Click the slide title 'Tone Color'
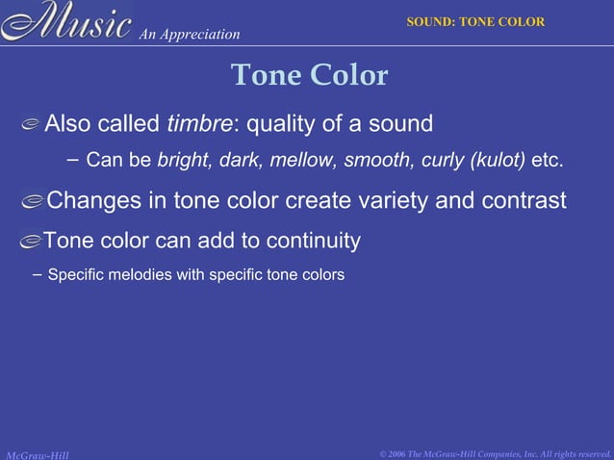coord(309,75)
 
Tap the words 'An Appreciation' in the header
coord(189,35)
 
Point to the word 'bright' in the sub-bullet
coord(183,160)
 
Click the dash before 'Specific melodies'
coord(37,275)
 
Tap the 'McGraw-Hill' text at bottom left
coord(36,453)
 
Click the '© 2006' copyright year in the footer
coord(396,453)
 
